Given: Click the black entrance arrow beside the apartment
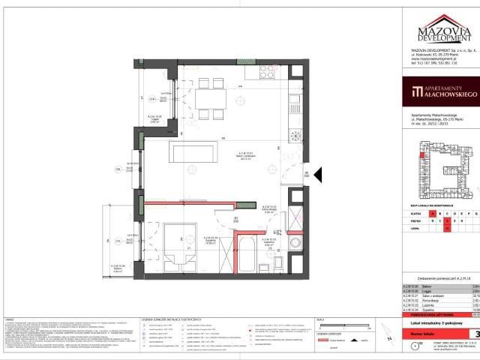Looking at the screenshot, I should [x=317, y=175].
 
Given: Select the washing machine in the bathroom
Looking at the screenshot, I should [x=294, y=244].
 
